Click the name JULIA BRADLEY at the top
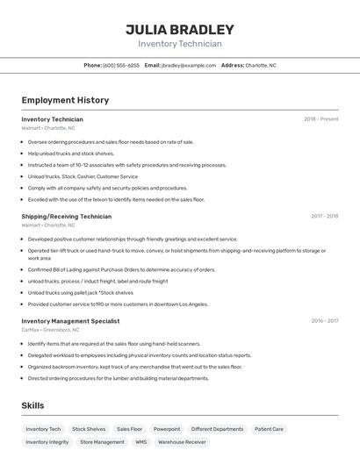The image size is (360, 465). (180, 29)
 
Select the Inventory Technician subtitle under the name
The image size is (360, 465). (180, 44)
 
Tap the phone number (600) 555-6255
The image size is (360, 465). (121, 65)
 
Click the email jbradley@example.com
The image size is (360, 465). (189, 65)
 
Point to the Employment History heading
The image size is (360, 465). (65, 100)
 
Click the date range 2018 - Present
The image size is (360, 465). (320, 119)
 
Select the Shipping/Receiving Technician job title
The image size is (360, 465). (67, 216)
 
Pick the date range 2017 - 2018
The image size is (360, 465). (324, 216)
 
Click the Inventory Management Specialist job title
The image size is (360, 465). (70, 321)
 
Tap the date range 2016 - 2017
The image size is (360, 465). (324, 321)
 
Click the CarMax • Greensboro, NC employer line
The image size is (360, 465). (48, 330)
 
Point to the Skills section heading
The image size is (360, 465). (32, 405)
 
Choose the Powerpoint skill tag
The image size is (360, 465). (167, 429)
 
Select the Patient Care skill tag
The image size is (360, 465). (269, 429)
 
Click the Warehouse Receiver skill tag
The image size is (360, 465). (183, 442)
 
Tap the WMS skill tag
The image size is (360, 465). (140, 442)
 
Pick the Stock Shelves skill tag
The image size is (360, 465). (89, 429)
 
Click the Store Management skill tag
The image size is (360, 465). (102, 442)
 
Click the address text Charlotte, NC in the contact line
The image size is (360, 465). (261, 65)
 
